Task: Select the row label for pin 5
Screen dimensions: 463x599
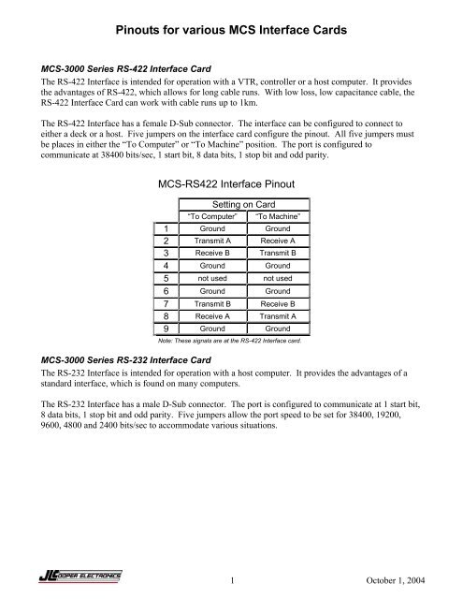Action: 164,304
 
